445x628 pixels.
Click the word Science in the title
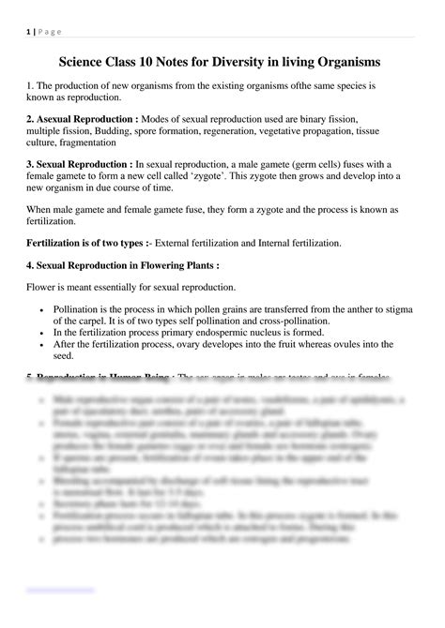click(x=85, y=62)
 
